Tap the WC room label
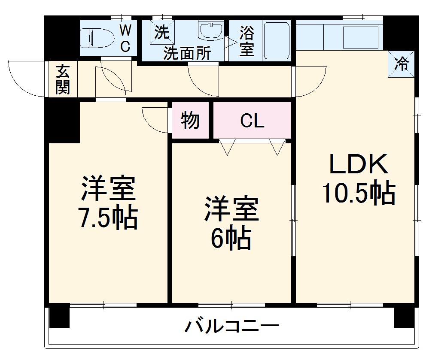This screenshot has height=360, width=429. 125,38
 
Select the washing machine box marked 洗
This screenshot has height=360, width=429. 162,31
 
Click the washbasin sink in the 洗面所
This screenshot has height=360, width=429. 210,30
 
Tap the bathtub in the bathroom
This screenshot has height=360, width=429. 277,41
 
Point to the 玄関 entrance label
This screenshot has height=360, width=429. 63,79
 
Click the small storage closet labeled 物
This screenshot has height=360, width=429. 190,121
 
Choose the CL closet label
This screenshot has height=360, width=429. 252,121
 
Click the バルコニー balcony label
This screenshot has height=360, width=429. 232,327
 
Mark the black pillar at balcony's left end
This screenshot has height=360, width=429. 59,316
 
